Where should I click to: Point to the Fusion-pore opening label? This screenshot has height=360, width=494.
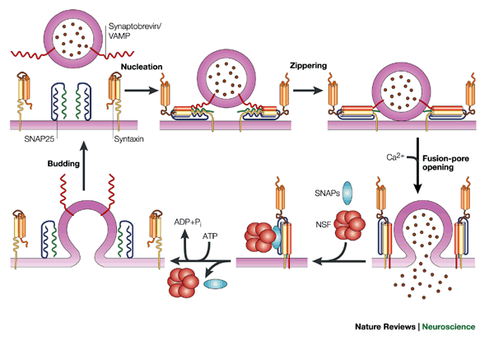[x=457, y=162]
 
